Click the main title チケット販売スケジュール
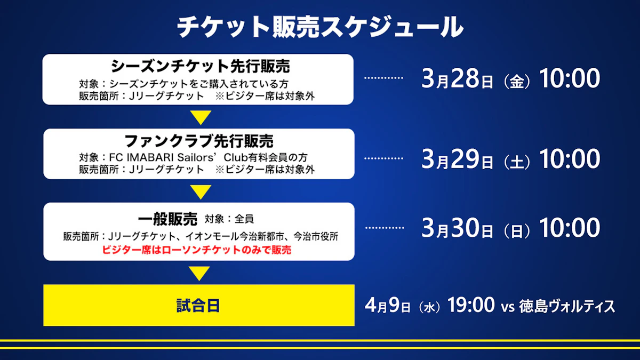[x=320, y=27]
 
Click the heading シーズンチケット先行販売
[x=201, y=66]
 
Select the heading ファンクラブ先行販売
[x=199, y=141]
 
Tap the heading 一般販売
[x=167, y=219]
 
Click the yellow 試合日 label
[x=198, y=306]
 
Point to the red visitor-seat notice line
[x=197, y=250]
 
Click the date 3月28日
[x=457, y=78]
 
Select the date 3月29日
[x=457, y=159]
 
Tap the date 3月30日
[x=457, y=228]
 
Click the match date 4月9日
[x=388, y=305]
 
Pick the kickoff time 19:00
[x=471, y=305]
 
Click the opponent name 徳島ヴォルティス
[x=567, y=306]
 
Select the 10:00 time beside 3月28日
[x=570, y=78]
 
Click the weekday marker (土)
[x=517, y=162]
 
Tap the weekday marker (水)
[x=429, y=307]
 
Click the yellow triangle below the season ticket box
[x=201, y=117]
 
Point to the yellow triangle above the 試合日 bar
[x=199, y=273]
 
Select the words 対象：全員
[x=229, y=219]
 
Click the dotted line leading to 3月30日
[x=385, y=228]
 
